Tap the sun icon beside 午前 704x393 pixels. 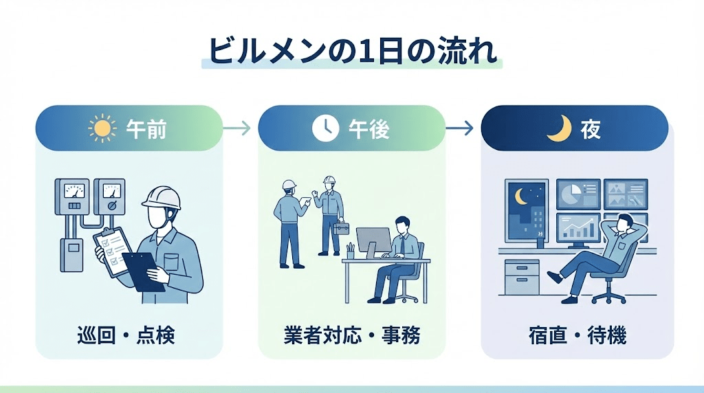tap(102, 128)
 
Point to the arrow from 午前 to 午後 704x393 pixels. tap(239, 128)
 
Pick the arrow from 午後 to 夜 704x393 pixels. tap(462, 128)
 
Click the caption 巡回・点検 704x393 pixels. tap(126, 336)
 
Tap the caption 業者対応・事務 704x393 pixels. tap(351, 336)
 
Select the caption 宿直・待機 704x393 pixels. tap(575, 336)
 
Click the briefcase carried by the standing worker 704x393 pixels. tap(342, 227)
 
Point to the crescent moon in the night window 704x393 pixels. tap(521, 196)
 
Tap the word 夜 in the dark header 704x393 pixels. tap(590, 129)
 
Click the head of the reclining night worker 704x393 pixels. tap(623, 222)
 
